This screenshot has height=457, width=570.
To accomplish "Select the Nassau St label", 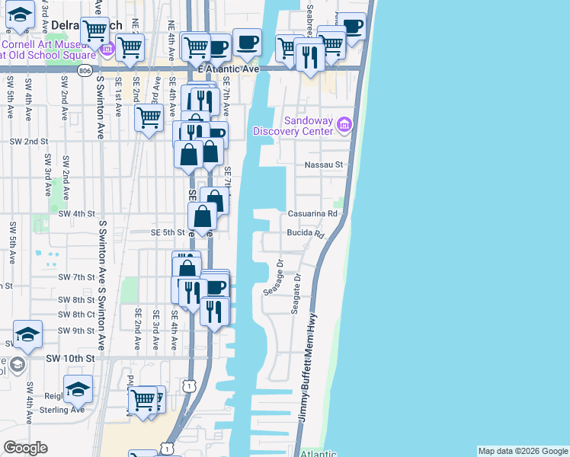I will [x=324, y=164].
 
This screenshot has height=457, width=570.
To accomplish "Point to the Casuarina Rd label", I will [x=312, y=214].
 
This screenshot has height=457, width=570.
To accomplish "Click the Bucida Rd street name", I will [x=305, y=234].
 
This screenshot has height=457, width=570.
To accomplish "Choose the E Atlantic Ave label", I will [x=229, y=69].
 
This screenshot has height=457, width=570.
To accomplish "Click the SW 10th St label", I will [x=70, y=358].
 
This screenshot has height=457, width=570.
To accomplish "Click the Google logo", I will [x=25, y=448].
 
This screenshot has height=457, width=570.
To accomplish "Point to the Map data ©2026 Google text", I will [x=523, y=451].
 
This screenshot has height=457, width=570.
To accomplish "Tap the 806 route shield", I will [x=85, y=70].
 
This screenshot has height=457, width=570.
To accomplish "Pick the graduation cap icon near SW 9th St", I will [x=27, y=335].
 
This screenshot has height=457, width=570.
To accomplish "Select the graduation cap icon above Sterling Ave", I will [x=78, y=388].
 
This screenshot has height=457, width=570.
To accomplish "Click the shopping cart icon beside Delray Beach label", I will [x=95, y=31].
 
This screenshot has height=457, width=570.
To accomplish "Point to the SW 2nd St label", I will [x=28, y=142].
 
